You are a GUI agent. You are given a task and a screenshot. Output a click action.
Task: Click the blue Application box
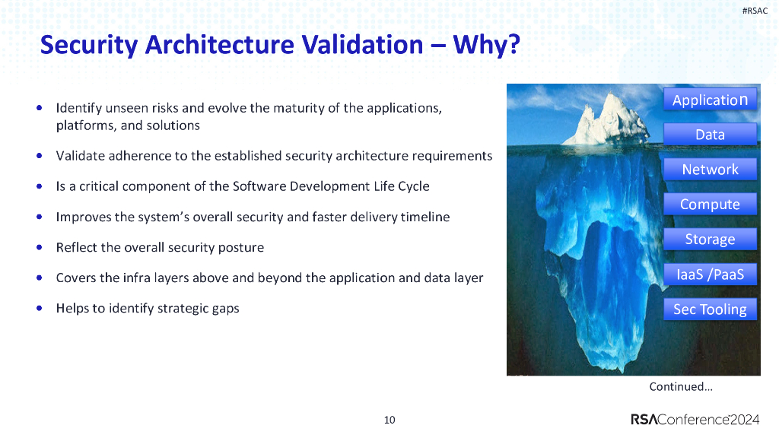710,100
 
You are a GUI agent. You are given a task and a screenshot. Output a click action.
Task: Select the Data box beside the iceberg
710,135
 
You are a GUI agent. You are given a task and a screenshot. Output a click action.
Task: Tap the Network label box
710,170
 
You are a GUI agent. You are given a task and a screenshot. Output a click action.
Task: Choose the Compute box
710,205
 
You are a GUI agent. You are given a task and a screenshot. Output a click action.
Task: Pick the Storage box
710,240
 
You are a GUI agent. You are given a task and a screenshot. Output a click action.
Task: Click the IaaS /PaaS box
710,275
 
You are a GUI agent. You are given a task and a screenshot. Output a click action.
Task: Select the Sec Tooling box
710,309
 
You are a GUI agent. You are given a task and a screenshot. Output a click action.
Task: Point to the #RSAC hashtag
754,10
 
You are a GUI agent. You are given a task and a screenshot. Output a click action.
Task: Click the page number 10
389,420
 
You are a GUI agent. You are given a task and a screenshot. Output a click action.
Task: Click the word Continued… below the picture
680,387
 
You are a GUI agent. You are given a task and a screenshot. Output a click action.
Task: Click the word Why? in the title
487,46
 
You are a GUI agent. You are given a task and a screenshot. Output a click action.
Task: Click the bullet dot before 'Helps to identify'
39,308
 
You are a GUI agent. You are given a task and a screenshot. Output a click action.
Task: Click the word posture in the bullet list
241,247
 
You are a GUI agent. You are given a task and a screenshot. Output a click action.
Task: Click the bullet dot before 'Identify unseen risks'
39,107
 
